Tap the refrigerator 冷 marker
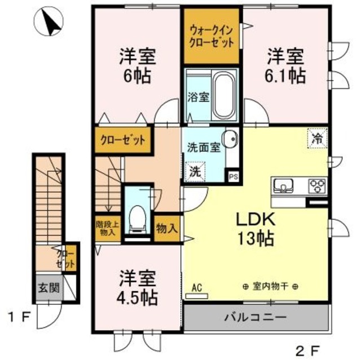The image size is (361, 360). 318,137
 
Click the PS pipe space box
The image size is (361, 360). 232,175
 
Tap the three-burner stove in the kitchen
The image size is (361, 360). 316,185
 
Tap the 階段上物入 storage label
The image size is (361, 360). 107,228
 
